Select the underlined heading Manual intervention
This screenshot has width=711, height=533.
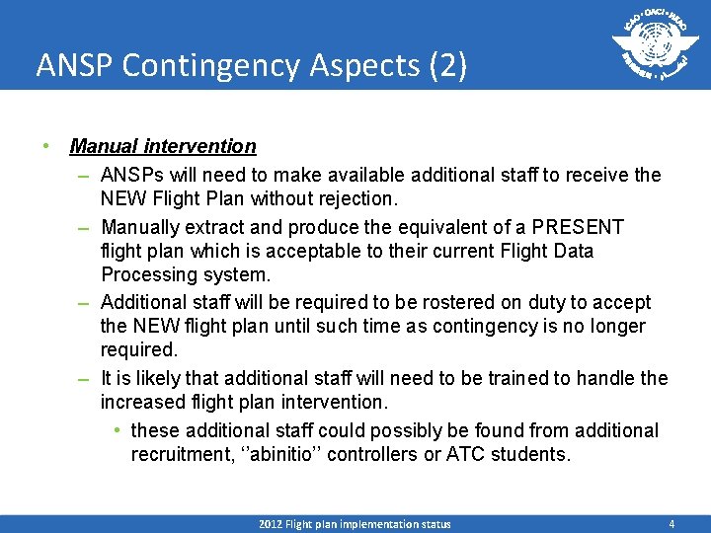163,146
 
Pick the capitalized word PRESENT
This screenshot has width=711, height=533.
572,227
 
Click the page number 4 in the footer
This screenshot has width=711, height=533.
671,524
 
